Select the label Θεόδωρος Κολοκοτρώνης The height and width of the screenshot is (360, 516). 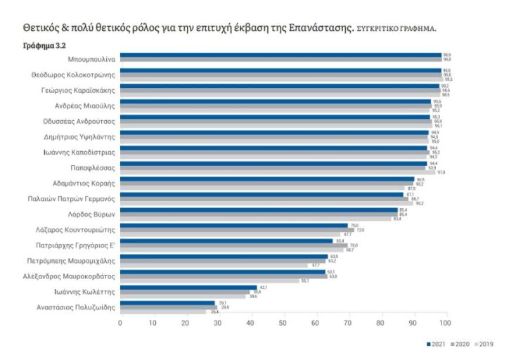coord(74,75)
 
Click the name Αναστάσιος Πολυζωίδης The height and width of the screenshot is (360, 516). coord(76,307)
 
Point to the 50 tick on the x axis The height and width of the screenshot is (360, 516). coord(283,323)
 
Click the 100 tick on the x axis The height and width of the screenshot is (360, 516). coord(445,323)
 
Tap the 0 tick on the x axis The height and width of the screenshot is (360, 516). coord(120,323)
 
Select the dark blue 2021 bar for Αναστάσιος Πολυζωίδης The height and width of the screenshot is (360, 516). coord(167,302)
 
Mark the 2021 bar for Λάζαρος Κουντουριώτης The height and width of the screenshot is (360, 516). coord(234,225)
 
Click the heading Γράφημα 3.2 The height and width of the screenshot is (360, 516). coord(46,45)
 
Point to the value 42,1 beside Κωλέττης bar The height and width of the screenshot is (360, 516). coord(264,287)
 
